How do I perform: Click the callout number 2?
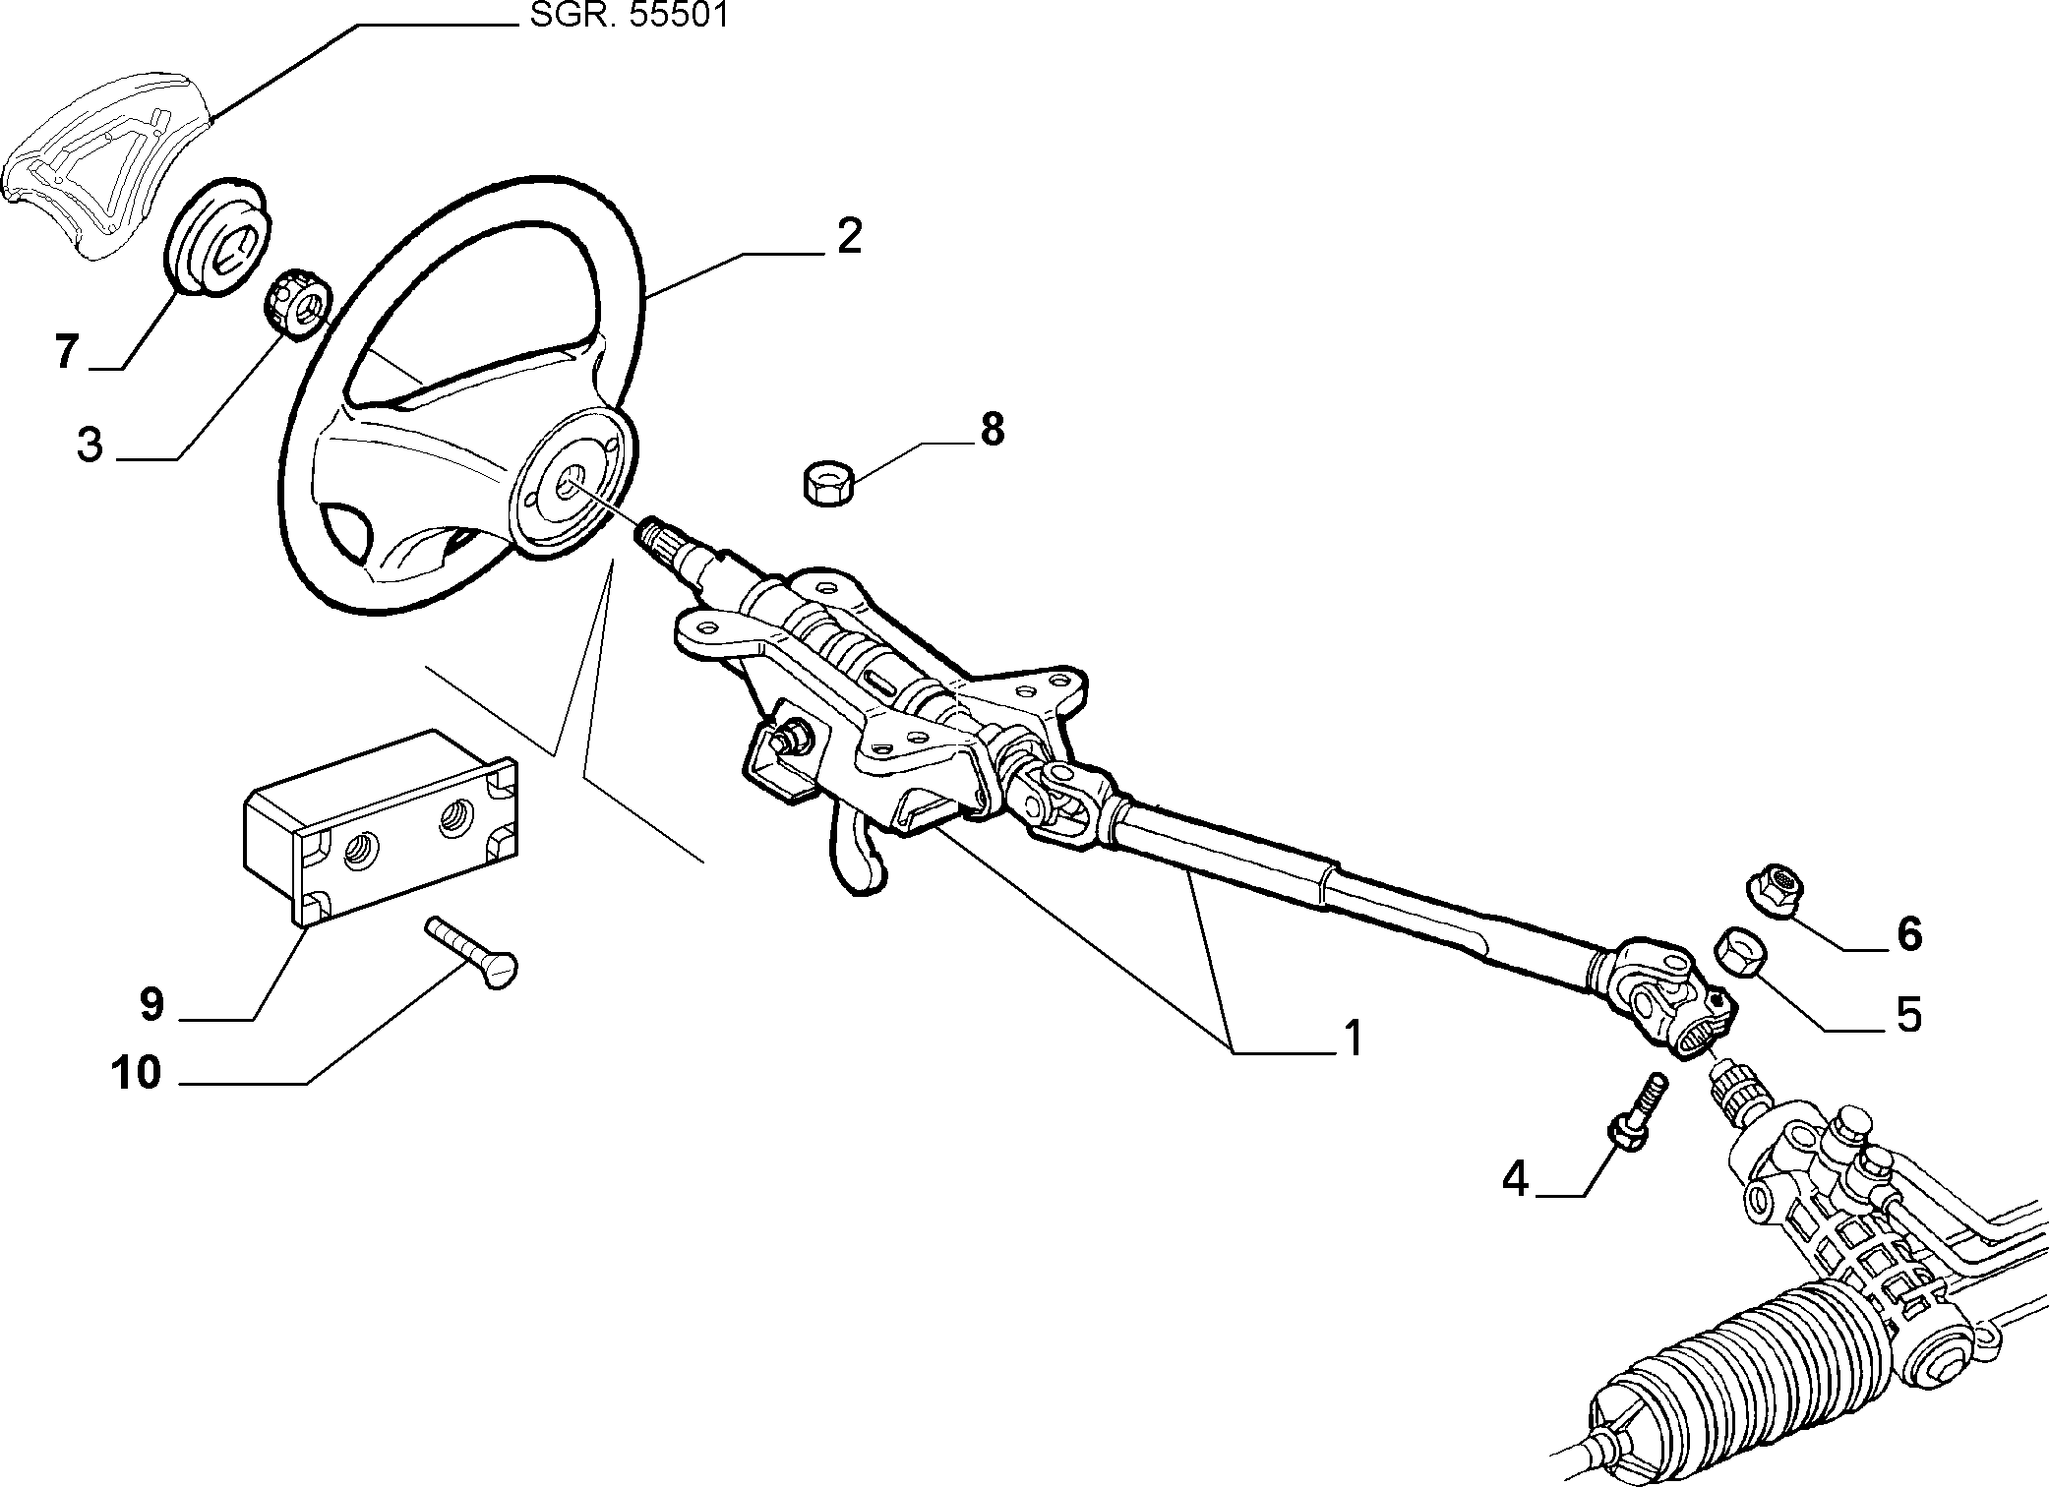click(x=848, y=237)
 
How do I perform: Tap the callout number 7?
click(x=66, y=351)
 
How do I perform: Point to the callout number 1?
click(x=1354, y=1039)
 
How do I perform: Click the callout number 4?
click(x=1516, y=1178)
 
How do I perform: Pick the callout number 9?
click(x=151, y=1005)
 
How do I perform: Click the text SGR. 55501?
click(x=630, y=17)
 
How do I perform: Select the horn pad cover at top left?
click(x=105, y=161)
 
